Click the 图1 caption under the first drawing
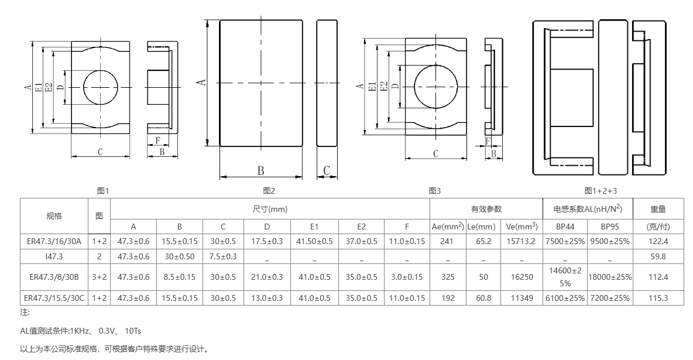tap(103, 191)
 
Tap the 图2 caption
tap(269, 191)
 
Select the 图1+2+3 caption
tap(601, 191)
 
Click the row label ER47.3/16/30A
tap(54, 241)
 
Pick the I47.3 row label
tap(54, 256)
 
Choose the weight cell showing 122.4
tap(658, 241)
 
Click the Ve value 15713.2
tap(521, 241)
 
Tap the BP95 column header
tap(610, 226)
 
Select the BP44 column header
tap(565, 226)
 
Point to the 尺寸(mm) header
tap(270, 209)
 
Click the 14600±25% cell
tap(565, 277)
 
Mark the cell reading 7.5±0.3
tap(223, 256)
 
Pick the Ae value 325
tap(448, 277)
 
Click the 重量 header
tap(658, 209)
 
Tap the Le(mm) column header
tap(483, 226)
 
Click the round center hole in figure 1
tap(101, 87)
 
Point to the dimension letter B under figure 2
tap(261, 171)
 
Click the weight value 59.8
tap(658, 256)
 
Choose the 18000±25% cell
tap(610, 277)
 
